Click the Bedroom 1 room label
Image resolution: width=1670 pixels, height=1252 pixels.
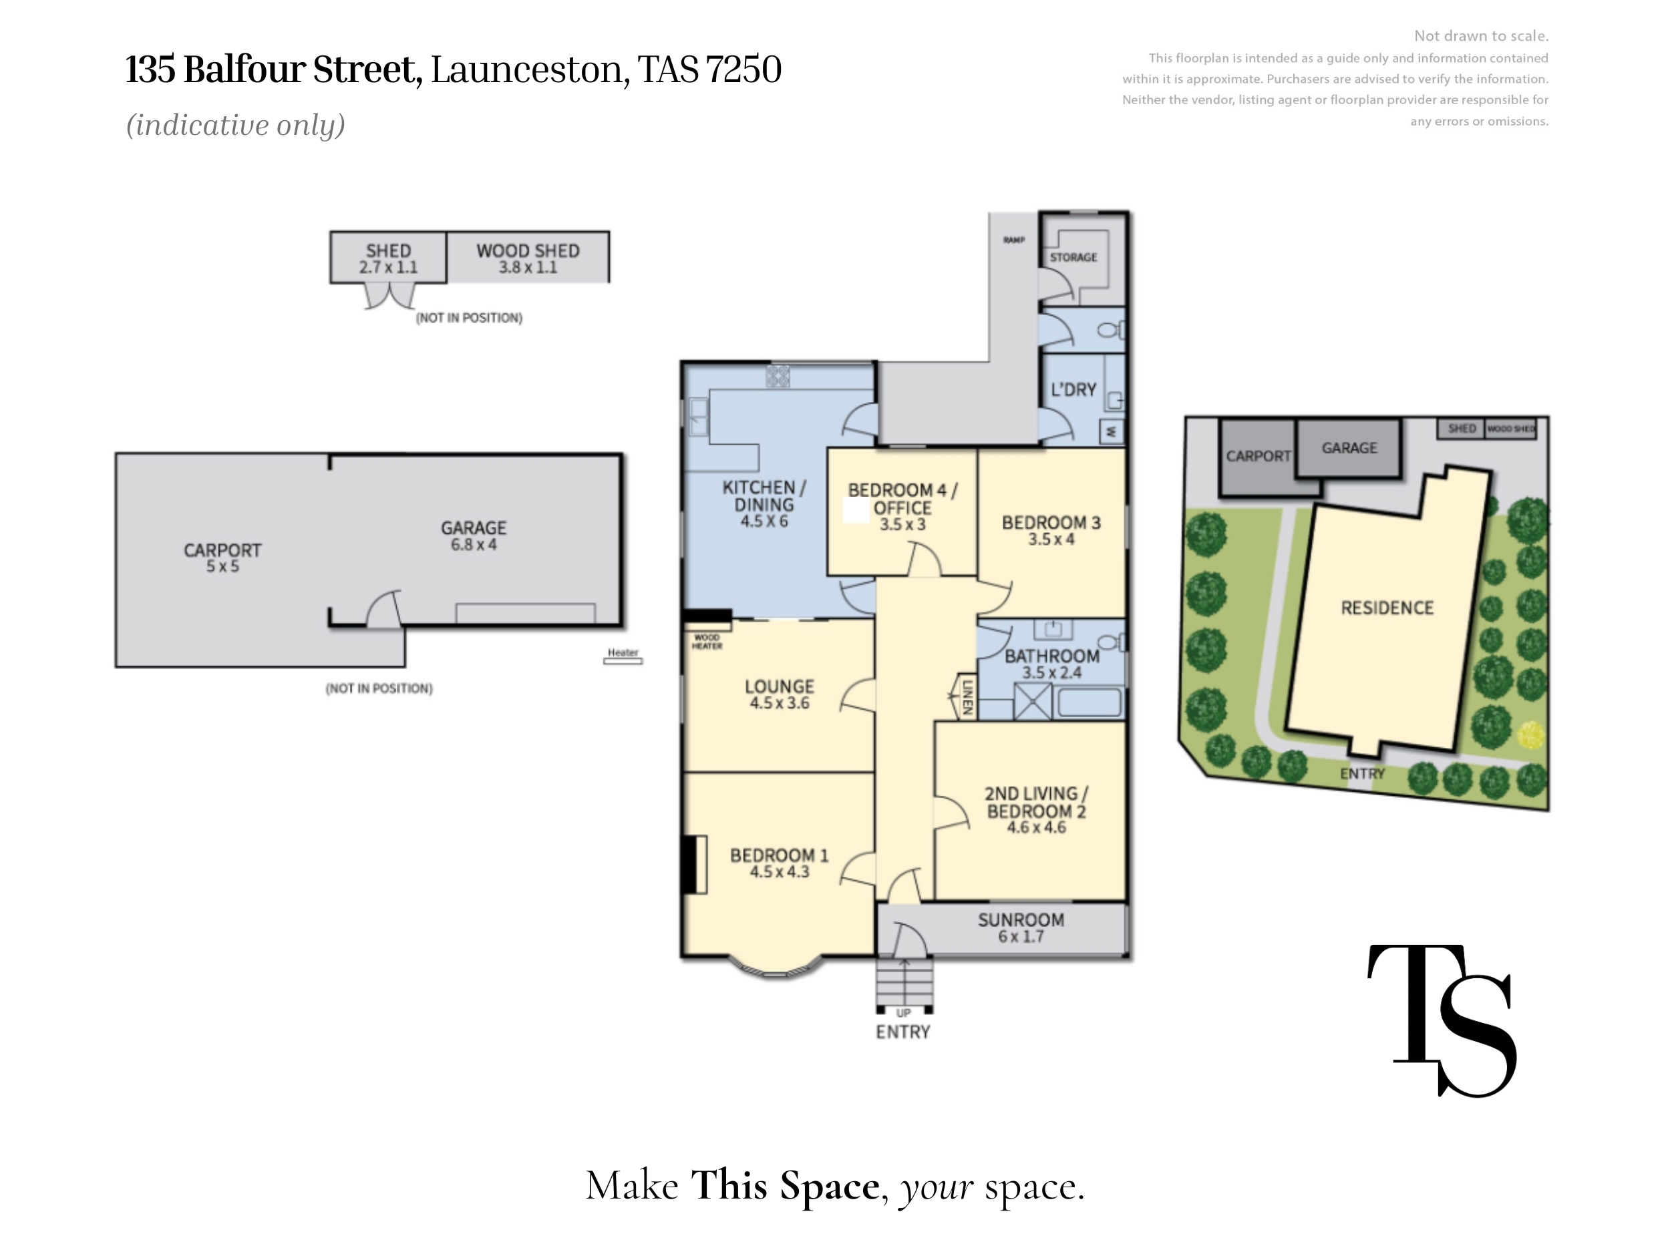pos(779,863)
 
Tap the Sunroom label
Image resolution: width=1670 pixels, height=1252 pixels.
pos(1021,928)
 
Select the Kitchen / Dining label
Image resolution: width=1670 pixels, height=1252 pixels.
pos(764,504)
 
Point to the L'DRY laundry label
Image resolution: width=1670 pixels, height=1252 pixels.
pos(1073,389)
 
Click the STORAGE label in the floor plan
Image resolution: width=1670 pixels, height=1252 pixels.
pos(1073,257)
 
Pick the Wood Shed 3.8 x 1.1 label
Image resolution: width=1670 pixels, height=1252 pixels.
pos(528,258)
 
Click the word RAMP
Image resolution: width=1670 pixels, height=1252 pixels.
pos(1014,240)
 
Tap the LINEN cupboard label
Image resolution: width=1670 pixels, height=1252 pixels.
pos(967,696)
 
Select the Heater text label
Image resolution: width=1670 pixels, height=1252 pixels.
pos(623,652)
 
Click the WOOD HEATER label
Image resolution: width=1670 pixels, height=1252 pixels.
pos(707,642)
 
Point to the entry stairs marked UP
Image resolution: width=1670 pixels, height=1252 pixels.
pos(904,986)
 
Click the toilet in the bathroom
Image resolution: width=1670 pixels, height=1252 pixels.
pos(1112,642)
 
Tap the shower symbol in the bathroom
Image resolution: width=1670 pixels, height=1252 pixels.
pos(1033,701)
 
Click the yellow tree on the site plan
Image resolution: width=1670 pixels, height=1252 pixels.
pos(1530,735)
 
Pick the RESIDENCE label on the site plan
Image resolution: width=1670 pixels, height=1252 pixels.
pos(1387,608)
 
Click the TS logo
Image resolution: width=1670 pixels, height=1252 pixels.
pos(1442,1020)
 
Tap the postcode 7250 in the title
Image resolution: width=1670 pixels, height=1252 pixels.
pos(743,69)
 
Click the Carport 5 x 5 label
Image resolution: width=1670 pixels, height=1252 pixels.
pos(222,558)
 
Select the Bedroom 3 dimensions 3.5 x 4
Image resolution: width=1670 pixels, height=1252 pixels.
pos(1051,539)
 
